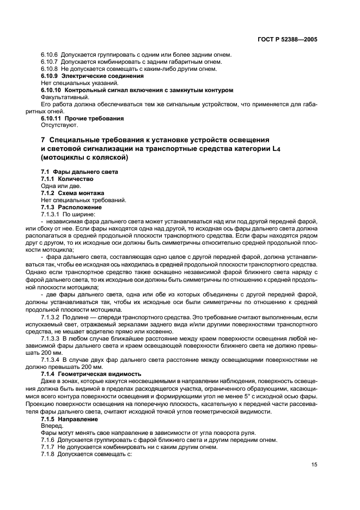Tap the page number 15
point(314,465)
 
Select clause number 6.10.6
point(51,54)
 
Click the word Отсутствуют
point(56,125)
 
